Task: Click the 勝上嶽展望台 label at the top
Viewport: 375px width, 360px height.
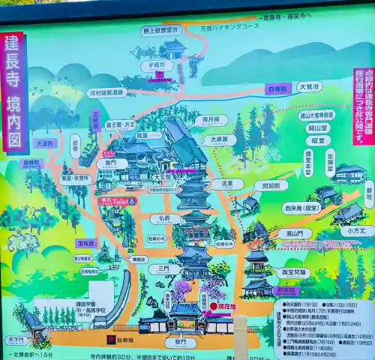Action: coord(161,30)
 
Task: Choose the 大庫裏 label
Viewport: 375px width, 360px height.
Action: coord(219,139)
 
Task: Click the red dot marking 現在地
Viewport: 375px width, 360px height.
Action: coord(213,306)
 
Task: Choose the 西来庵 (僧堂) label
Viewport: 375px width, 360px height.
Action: coord(301,208)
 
